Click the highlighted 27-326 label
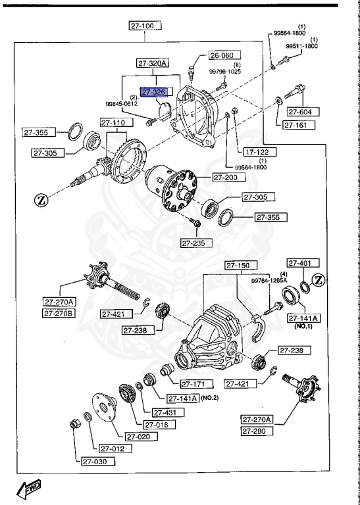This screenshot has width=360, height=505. click(153, 93)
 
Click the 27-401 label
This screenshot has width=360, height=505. click(301, 263)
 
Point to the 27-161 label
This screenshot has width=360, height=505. click(298, 124)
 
